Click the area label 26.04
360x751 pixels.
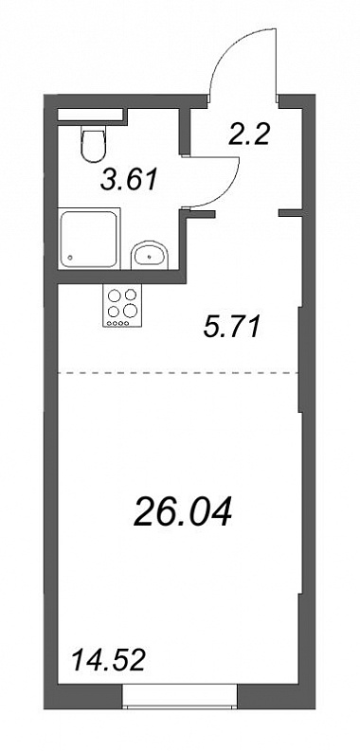[x=183, y=511]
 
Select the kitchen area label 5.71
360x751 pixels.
[x=231, y=328]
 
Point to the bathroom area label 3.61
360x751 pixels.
[x=130, y=181]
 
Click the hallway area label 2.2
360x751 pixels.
[x=249, y=135]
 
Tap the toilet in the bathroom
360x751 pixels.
[x=94, y=144]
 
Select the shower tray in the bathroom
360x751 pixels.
[x=89, y=238]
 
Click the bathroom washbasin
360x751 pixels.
[x=150, y=255]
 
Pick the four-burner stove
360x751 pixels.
[x=122, y=306]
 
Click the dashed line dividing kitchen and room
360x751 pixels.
[x=178, y=372]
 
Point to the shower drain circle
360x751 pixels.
[x=71, y=258]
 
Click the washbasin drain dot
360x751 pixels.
[x=151, y=258]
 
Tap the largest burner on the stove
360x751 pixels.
[x=130, y=311]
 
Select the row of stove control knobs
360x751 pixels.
[x=117, y=323]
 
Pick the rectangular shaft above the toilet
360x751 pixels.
[x=90, y=115]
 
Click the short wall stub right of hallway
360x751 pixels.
[x=290, y=213]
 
